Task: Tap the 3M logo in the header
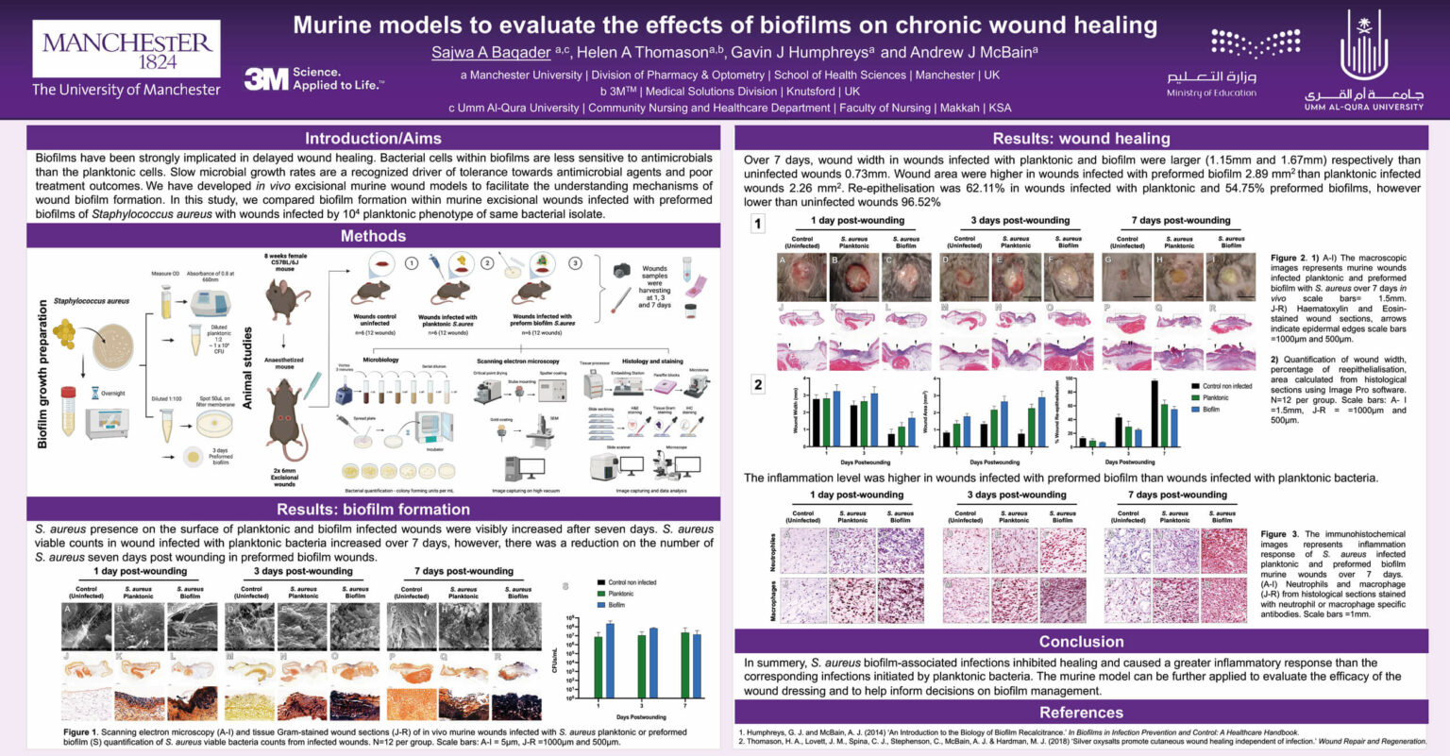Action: tap(266, 78)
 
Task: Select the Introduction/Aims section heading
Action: tap(373, 138)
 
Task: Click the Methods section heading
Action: tap(373, 236)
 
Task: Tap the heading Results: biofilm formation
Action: tap(373, 510)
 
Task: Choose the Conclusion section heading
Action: tap(1081, 642)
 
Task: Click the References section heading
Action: tap(1081, 713)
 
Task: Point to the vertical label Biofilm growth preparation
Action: tap(42, 374)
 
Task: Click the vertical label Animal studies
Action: tap(247, 368)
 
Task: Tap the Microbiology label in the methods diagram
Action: tap(380, 360)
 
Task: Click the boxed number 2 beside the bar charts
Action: tap(757, 385)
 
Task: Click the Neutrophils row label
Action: tap(774, 552)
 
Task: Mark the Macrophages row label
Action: tap(774, 600)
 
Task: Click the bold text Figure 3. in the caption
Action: tap(1280, 534)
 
